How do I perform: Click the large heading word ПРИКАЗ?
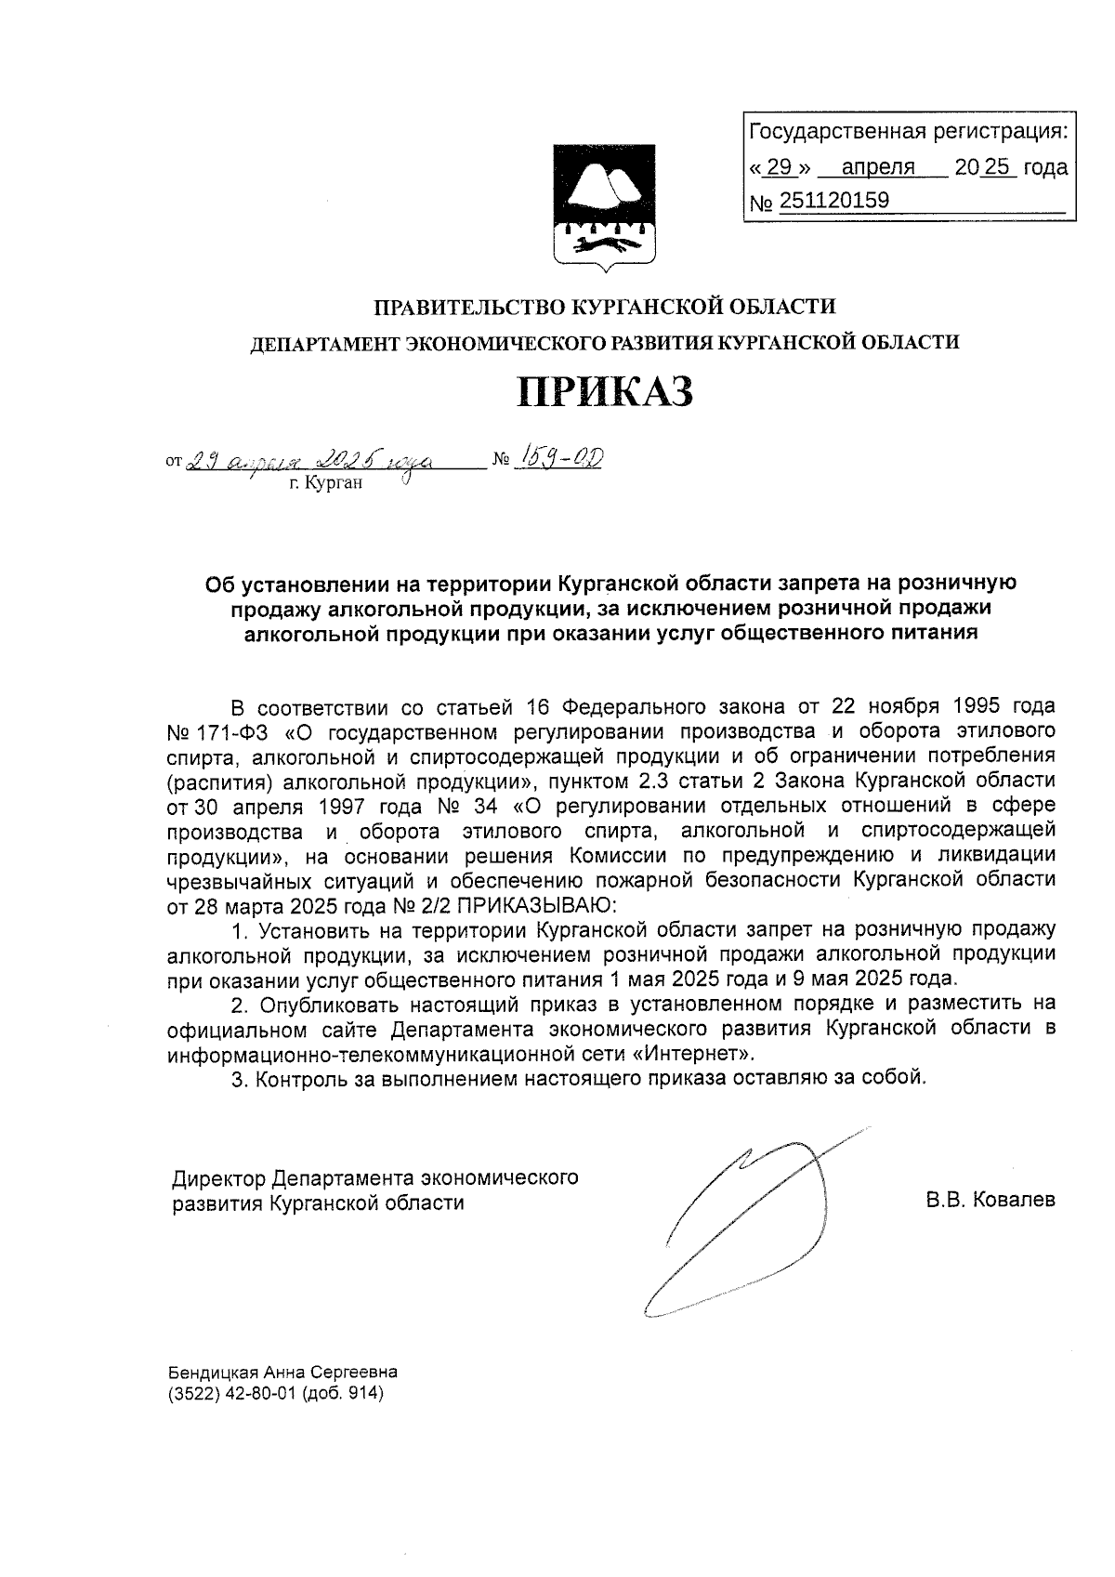605,391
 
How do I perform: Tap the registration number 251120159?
833,201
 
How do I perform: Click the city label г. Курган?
325,483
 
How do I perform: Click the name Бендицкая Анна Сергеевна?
282,1372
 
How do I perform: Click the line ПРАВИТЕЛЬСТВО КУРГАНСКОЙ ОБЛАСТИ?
605,306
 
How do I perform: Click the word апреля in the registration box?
877,167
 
